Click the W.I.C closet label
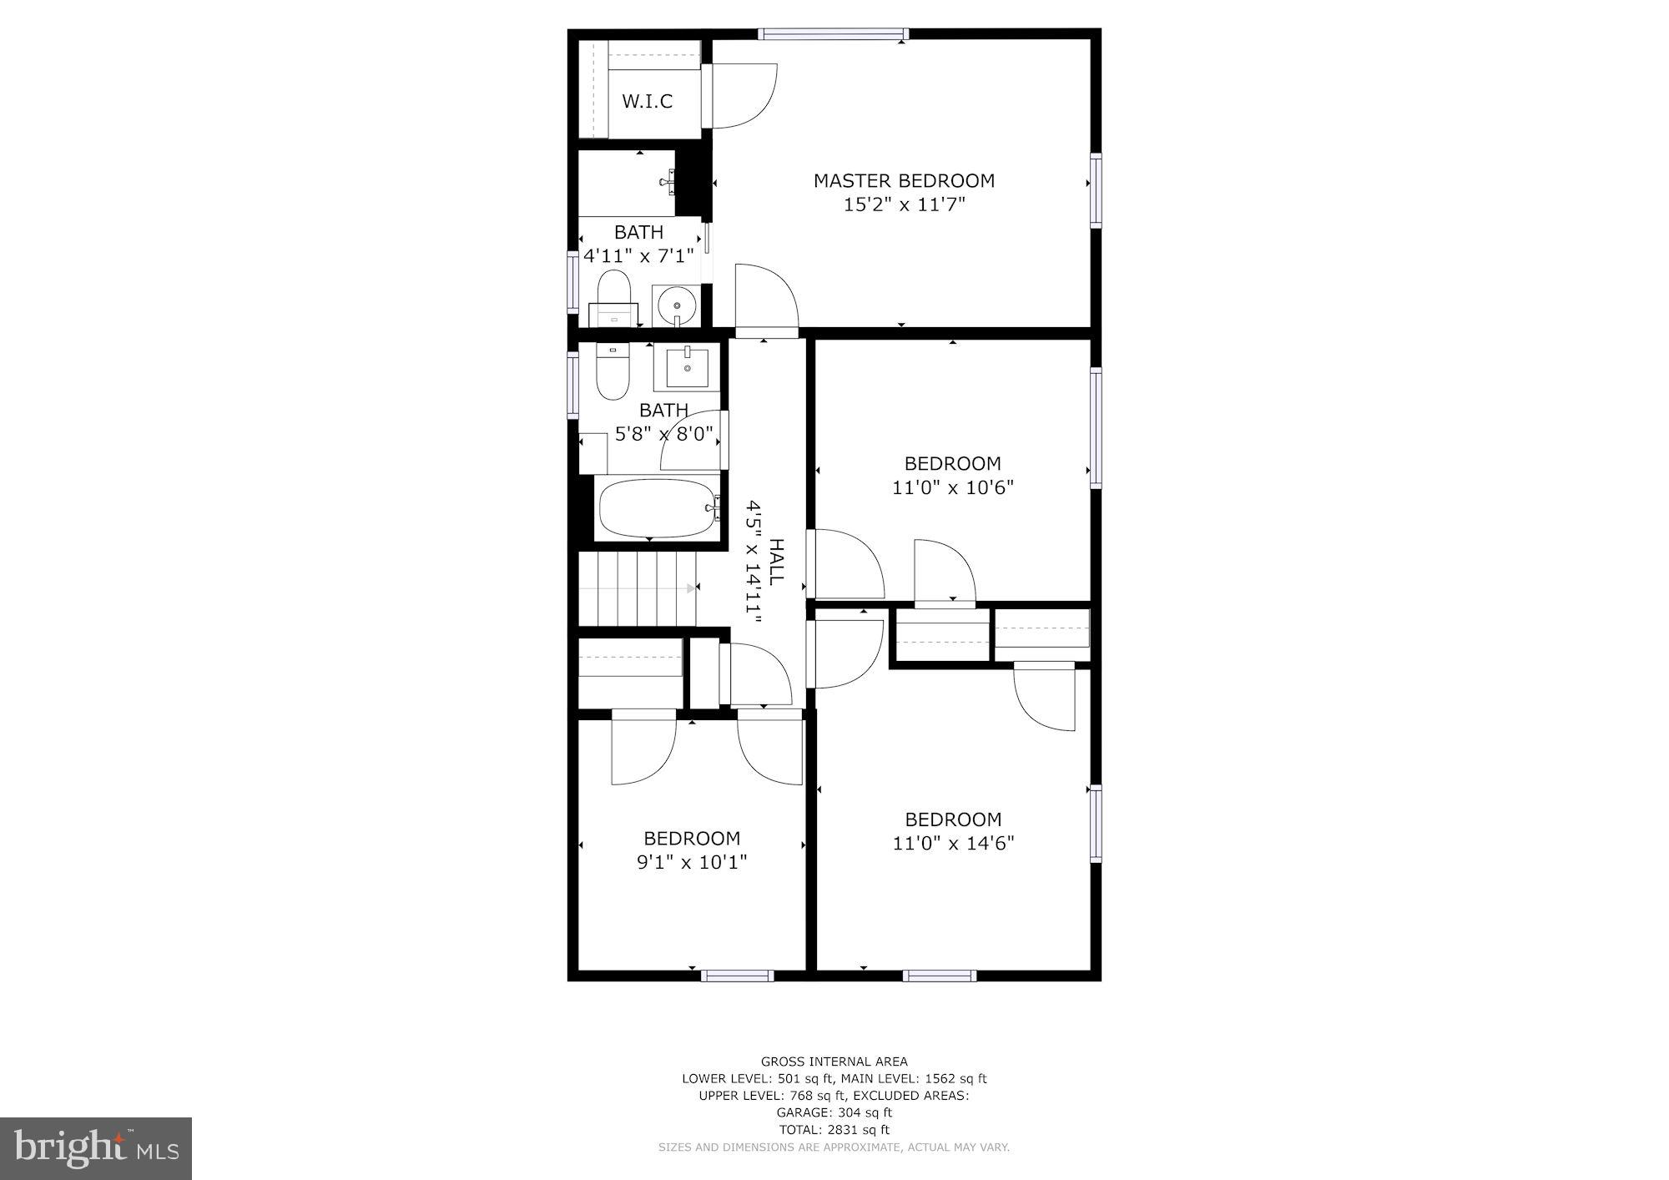(647, 102)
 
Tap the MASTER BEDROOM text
(904, 180)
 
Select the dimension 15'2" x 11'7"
(904, 204)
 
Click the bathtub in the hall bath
(658, 508)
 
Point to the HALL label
(776, 562)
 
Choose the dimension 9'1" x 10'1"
(691, 862)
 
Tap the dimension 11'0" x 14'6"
(953, 844)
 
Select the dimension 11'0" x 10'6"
(952, 487)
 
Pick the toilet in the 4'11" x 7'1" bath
(613, 296)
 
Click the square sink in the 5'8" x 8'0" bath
(687, 368)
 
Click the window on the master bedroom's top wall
(833, 34)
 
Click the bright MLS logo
(96, 1148)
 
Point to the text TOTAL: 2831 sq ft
(834, 1130)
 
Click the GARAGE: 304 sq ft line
(834, 1112)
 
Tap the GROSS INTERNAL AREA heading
(834, 1061)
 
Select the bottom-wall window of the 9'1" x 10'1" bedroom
(737, 975)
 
